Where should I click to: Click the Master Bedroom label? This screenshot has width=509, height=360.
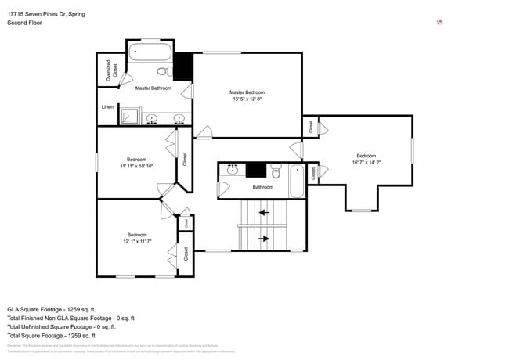pyautogui.click(x=247, y=92)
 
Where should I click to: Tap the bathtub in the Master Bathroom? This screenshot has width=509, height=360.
pyautogui.click(x=150, y=54)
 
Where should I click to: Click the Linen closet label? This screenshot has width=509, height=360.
pyautogui.click(x=107, y=107)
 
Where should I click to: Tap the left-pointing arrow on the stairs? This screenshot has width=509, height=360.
pyautogui.click(x=264, y=211)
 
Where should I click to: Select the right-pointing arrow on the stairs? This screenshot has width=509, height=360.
pyautogui.click(x=264, y=239)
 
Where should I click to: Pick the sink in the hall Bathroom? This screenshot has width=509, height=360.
pyautogui.click(x=232, y=168)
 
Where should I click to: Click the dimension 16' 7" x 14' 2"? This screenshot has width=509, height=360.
pyautogui.click(x=366, y=163)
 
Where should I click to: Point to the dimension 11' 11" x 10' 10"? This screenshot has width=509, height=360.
pyautogui.click(x=136, y=166)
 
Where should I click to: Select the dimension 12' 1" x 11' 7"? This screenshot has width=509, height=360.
pyautogui.click(x=137, y=242)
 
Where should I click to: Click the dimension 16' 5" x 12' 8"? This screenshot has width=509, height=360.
pyautogui.click(x=247, y=99)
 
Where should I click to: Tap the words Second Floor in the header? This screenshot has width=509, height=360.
pyautogui.click(x=24, y=23)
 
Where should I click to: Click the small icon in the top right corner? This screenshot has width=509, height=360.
pyautogui.click(x=439, y=22)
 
